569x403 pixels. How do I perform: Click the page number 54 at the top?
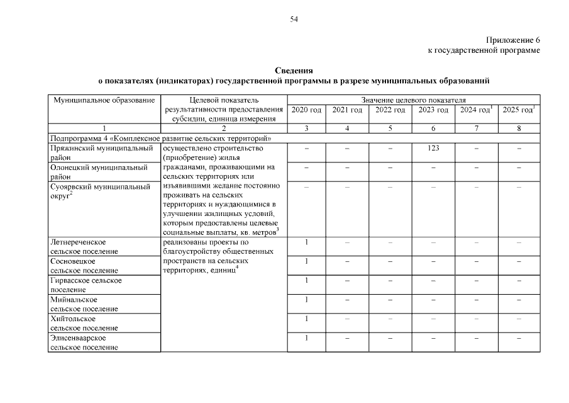click(x=294, y=20)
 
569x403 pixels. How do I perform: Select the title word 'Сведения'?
click(x=294, y=71)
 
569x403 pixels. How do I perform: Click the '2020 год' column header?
click(x=306, y=110)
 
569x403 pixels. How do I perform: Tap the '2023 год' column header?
click(x=433, y=110)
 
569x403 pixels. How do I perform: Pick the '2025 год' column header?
click(x=518, y=110)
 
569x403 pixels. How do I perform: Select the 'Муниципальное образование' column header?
click(x=104, y=100)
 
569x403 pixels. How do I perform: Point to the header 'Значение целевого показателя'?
click(x=413, y=100)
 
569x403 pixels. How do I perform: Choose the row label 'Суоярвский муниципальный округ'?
click(x=101, y=191)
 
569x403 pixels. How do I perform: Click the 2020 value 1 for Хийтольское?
click(x=306, y=319)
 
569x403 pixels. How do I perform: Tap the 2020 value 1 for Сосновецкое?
click(x=306, y=261)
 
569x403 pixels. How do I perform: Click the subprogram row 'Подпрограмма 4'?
click(x=162, y=138)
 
